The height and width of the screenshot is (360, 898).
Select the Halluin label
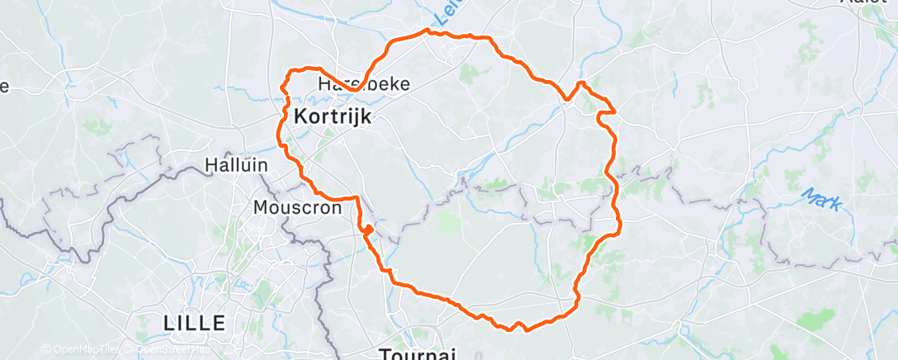(236, 165)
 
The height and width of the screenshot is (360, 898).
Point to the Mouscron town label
(298, 207)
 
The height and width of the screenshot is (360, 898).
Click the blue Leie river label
(447, 12)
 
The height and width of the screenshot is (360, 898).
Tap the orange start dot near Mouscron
(368, 230)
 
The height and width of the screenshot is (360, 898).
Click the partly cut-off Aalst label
(875, 2)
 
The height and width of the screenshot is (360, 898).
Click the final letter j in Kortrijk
(357, 118)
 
